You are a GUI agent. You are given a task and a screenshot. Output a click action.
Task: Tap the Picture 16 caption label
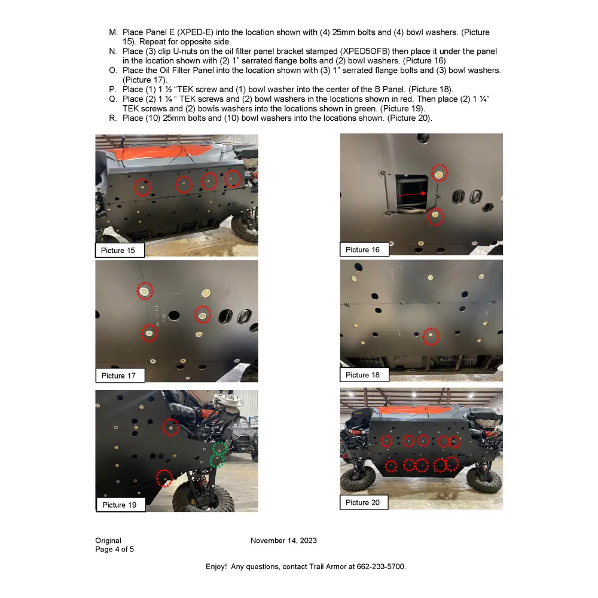point(362,249)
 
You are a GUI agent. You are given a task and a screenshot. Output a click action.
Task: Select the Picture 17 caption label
point(118,376)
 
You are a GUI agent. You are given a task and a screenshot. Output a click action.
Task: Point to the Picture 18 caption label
point(362,375)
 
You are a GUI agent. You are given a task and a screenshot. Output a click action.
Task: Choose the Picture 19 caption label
point(119,505)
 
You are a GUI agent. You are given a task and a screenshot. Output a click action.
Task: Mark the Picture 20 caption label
point(362,502)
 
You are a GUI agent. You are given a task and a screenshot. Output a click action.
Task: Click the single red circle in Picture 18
point(430,337)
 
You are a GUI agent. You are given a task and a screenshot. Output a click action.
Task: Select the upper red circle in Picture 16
point(440,173)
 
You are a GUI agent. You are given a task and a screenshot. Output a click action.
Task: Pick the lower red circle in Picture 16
point(436,216)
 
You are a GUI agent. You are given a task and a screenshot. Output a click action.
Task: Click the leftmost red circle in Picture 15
point(142,187)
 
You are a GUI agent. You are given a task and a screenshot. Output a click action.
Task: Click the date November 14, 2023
point(283,541)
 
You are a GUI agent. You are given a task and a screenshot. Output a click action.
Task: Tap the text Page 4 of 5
point(114,549)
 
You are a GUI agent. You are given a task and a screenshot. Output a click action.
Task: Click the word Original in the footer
point(108,541)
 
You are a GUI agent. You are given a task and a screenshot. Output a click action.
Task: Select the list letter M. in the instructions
point(113,32)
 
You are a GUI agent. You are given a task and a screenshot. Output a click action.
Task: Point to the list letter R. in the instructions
point(113,118)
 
